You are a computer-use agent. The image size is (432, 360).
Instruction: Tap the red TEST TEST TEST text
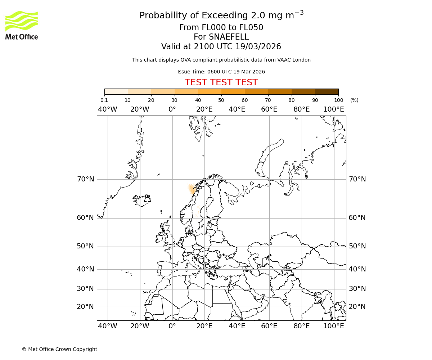[221, 82]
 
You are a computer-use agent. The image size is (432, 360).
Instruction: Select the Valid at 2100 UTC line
[221, 46]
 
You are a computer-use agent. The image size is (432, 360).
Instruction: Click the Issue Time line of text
[221, 72]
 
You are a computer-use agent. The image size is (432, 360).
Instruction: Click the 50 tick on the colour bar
[221, 100]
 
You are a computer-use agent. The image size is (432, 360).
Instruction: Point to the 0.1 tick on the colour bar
[104, 100]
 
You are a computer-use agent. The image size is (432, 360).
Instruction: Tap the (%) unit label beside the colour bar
[354, 100]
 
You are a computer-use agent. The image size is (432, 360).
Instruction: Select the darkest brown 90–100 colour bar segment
[327, 91]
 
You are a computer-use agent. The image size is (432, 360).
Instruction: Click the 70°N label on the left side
[85, 179]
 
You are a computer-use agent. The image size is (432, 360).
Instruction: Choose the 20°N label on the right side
[357, 307]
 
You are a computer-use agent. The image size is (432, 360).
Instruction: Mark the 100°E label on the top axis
[334, 109]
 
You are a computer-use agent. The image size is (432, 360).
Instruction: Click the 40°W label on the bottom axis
[108, 326]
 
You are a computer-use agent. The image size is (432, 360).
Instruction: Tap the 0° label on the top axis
[172, 109]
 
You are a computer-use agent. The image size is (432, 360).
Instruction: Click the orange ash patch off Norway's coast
[192, 189]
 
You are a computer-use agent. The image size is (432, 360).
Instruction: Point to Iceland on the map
[141, 201]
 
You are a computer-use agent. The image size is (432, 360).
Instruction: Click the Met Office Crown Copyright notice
[59, 349]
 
